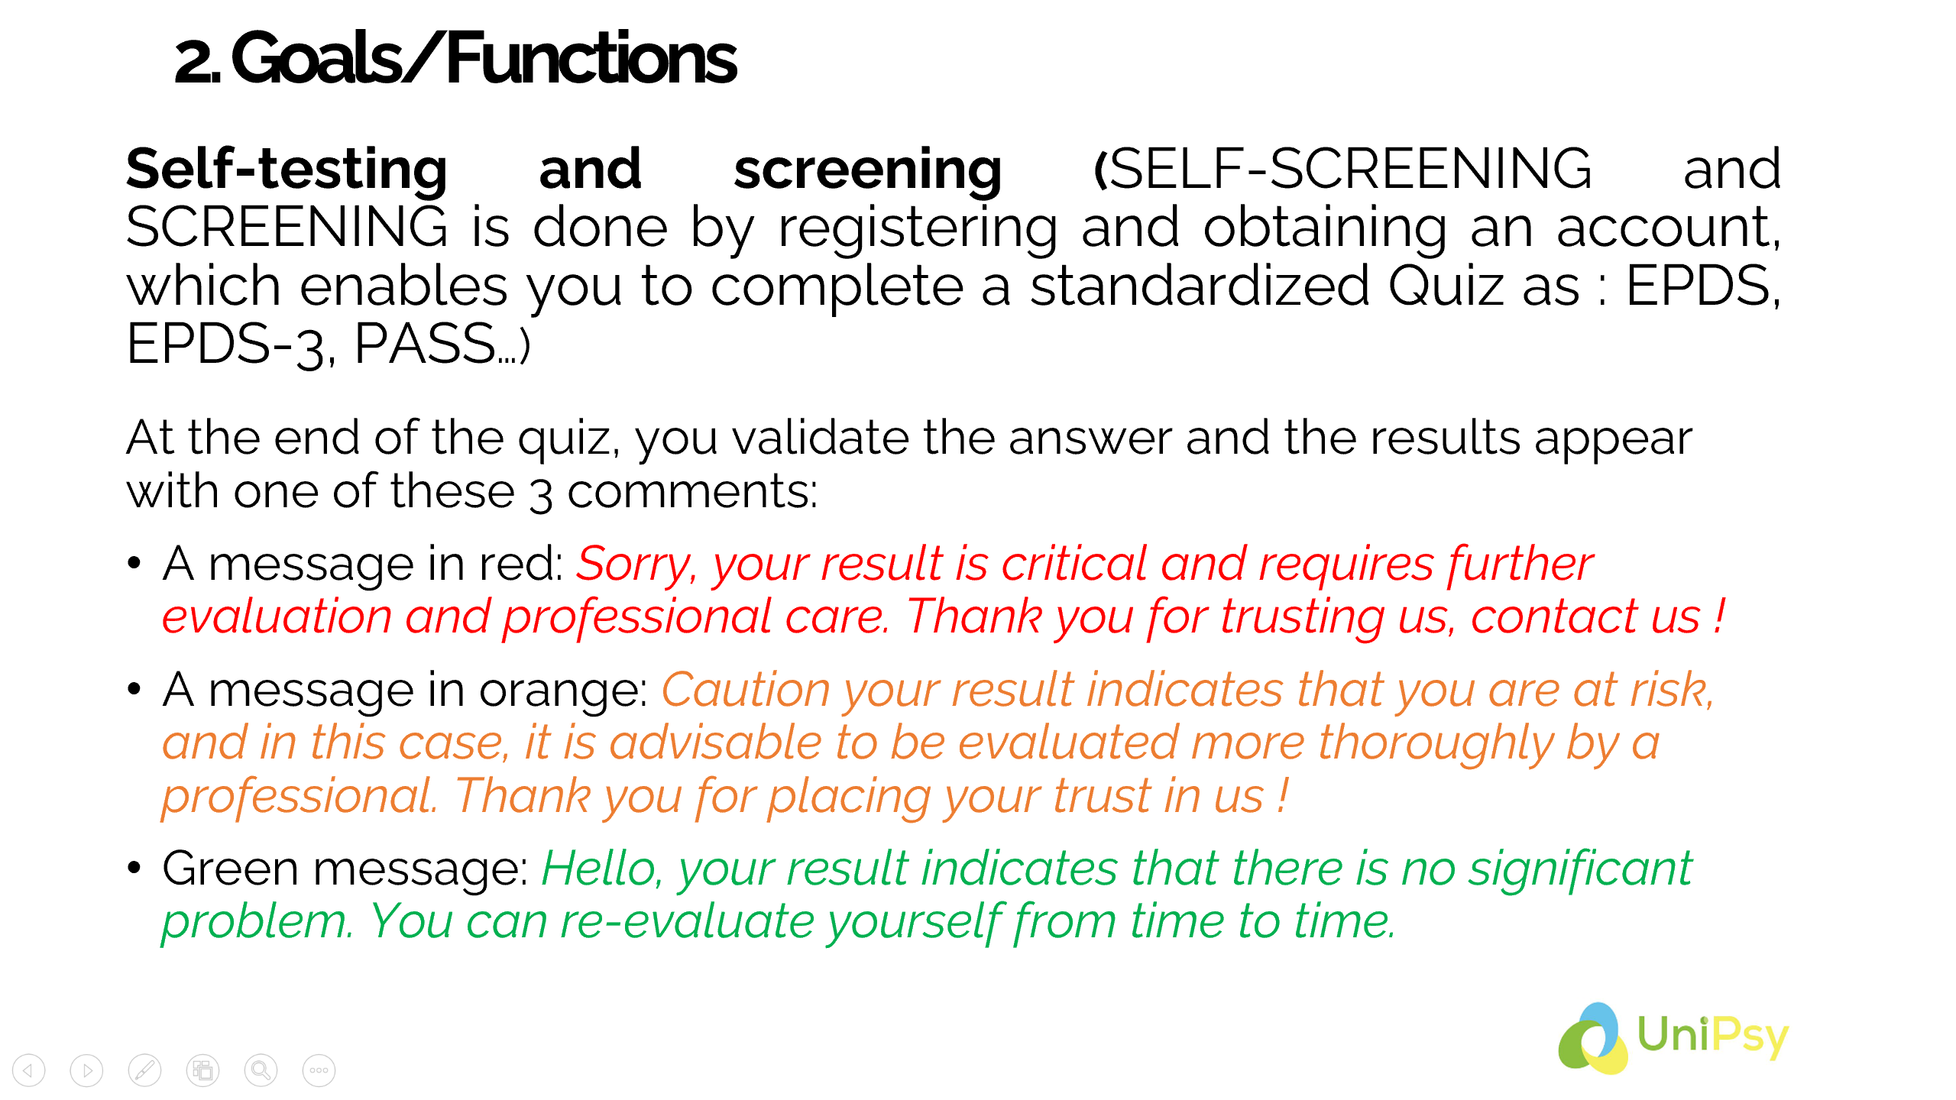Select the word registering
[918, 229]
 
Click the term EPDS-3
[230, 345]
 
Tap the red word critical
[1074, 564]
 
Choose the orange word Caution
[746, 690]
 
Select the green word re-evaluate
[687, 921]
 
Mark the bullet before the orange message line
[134, 690]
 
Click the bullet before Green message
[134, 869]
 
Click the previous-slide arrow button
[28, 1070]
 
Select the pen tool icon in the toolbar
[144, 1070]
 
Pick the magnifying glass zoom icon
[261, 1070]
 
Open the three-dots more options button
[319, 1070]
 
